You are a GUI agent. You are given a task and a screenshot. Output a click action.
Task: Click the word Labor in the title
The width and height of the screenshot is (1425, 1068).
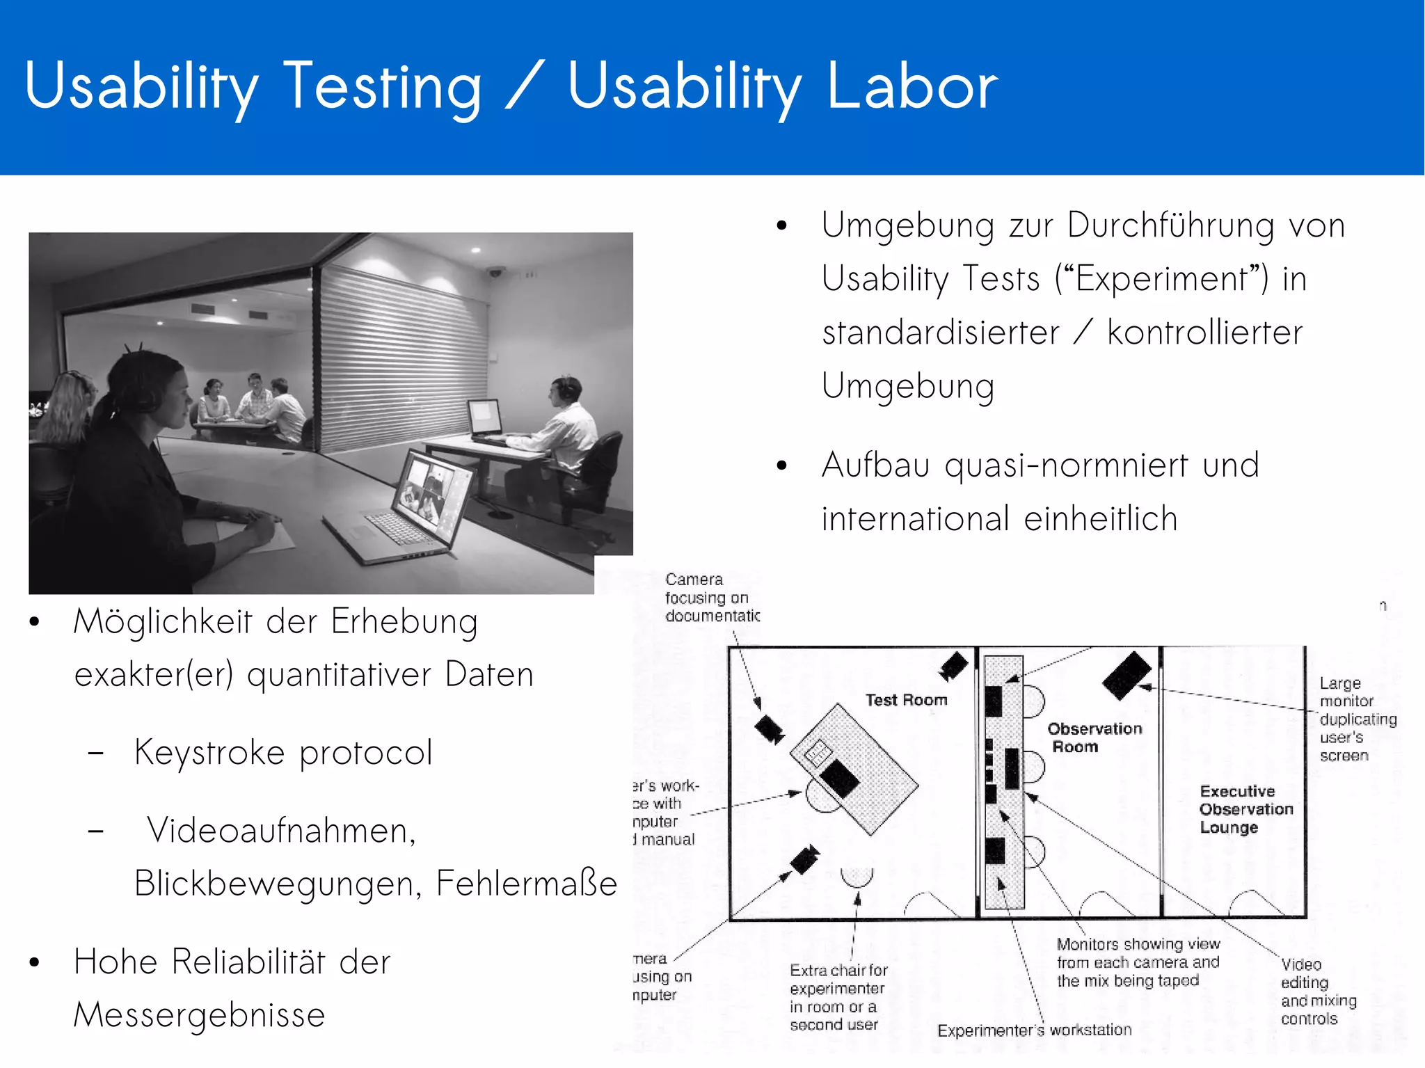[912, 86]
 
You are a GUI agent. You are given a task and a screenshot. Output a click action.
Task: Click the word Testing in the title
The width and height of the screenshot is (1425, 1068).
[382, 88]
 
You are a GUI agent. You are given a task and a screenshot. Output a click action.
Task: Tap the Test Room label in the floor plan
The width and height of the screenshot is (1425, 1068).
[906, 700]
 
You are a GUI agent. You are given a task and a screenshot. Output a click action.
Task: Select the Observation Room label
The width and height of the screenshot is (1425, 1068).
[1094, 738]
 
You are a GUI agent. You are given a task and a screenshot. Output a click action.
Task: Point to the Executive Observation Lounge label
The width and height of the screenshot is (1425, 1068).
[1245, 809]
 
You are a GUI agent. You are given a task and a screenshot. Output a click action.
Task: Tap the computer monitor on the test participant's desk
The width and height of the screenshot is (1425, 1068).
[485, 418]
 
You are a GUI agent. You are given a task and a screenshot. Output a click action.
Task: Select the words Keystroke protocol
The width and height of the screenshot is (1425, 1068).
[283, 753]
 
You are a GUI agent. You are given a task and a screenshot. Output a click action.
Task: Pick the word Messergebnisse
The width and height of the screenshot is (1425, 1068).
[200, 1014]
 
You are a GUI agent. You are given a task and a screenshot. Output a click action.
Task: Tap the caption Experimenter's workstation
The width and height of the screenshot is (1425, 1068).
[1034, 1030]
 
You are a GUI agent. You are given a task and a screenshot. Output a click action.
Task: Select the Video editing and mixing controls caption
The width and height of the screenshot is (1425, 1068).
[1317, 991]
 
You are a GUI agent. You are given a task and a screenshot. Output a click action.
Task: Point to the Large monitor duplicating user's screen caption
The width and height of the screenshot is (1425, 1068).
[1357, 719]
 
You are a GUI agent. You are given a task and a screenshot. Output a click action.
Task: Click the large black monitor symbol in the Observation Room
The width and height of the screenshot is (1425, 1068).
[1127, 675]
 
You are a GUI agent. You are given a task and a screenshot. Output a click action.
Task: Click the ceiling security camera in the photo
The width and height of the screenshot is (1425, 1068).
[495, 271]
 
